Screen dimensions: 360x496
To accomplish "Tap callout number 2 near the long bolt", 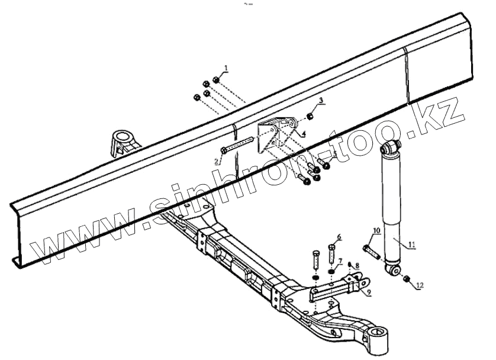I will point(217,160).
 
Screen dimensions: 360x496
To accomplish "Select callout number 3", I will point(320,101).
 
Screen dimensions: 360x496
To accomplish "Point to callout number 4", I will point(303,134).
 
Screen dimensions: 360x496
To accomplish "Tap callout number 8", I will point(357,266).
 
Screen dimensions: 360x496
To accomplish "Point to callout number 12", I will point(420,285).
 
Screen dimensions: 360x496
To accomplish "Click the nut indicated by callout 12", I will point(406,278).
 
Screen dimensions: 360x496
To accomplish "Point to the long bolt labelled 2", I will point(237,145).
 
